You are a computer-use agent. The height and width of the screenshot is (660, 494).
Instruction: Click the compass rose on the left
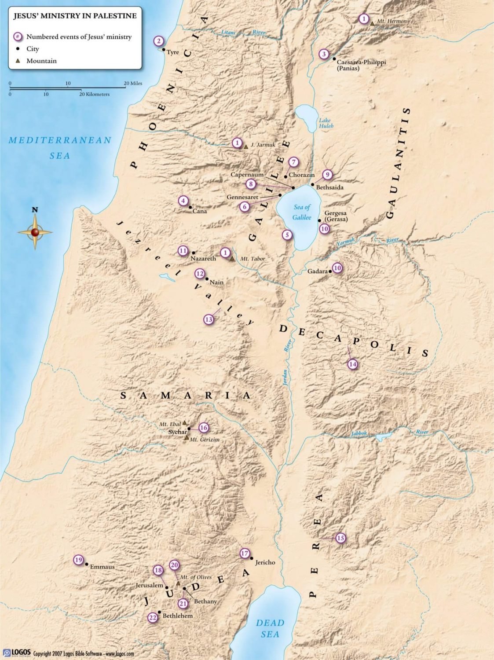[35, 231]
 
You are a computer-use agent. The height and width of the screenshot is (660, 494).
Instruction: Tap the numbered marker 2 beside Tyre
[159, 41]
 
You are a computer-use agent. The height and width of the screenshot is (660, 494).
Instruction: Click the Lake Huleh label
[326, 123]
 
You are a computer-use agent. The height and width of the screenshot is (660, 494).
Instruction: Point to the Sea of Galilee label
[302, 212]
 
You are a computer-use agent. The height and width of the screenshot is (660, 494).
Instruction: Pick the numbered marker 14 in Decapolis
[352, 364]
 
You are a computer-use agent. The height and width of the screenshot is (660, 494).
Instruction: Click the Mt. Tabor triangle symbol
[232, 259]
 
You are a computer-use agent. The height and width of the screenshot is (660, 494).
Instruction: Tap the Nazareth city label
[203, 259]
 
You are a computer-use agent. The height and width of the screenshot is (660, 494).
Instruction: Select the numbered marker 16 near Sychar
[203, 428]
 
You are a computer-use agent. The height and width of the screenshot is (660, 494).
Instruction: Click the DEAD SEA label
[270, 628]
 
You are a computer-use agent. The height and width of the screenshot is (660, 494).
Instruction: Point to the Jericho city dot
[252, 558]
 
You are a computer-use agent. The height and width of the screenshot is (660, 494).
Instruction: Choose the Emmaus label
[102, 567]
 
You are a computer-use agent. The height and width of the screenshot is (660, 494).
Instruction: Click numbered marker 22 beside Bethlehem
[153, 617]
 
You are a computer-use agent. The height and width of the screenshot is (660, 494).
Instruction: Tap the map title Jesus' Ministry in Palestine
[75, 16]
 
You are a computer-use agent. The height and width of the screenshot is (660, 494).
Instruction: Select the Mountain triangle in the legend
[18, 61]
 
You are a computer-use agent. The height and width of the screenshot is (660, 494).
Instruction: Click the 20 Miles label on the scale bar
[133, 83]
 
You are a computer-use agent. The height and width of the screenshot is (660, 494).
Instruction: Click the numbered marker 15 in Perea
[340, 538]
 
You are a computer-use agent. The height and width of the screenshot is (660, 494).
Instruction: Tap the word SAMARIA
[185, 396]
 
